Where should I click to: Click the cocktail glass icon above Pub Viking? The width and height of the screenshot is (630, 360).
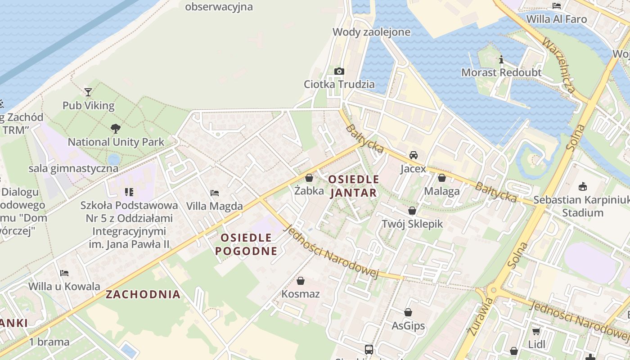tap(88, 92)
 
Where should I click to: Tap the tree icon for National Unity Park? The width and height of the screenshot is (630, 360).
tap(116, 128)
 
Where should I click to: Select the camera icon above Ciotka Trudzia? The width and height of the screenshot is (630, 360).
tap(339, 71)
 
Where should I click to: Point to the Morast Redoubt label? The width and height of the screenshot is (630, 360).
tap(501, 72)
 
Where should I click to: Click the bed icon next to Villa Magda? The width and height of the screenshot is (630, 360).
tap(215, 193)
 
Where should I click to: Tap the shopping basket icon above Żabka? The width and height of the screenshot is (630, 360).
tap(309, 178)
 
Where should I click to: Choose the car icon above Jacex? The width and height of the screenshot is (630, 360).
tap(413, 155)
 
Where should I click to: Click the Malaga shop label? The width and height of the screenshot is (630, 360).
tap(442, 191)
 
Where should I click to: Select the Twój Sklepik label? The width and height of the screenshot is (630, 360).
tap(412, 224)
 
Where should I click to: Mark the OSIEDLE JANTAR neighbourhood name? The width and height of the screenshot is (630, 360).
tap(353, 186)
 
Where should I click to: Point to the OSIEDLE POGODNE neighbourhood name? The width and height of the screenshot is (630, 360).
tap(246, 244)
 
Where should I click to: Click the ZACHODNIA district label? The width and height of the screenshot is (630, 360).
tap(143, 295)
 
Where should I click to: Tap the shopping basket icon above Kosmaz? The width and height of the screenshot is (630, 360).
tap(301, 281)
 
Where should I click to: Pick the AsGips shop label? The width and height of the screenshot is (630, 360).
tap(408, 325)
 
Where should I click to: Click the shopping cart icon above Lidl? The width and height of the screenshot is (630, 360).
tap(536, 332)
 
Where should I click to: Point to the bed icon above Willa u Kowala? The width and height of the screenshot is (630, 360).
tap(64, 273)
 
